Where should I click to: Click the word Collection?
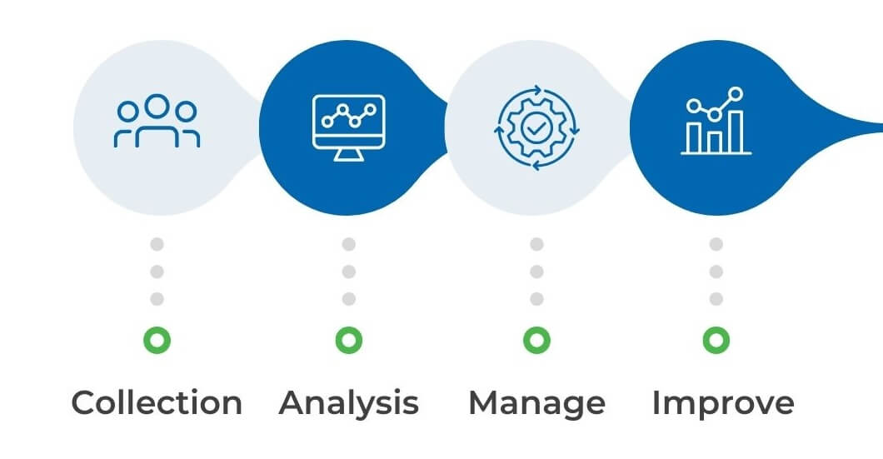[x=157, y=403]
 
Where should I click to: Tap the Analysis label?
[x=348, y=403]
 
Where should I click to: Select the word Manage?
[x=536, y=403]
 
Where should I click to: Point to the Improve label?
[x=722, y=403]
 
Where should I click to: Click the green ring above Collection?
[x=157, y=339]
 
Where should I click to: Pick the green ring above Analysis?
[x=348, y=339]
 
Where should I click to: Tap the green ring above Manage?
[x=536, y=339]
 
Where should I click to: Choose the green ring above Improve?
[x=716, y=339]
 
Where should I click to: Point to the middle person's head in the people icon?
[x=157, y=107]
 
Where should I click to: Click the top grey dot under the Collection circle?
[x=157, y=244]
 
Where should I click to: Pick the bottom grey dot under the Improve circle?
[x=716, y=298]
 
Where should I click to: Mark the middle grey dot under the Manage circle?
[x=536, y=272]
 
